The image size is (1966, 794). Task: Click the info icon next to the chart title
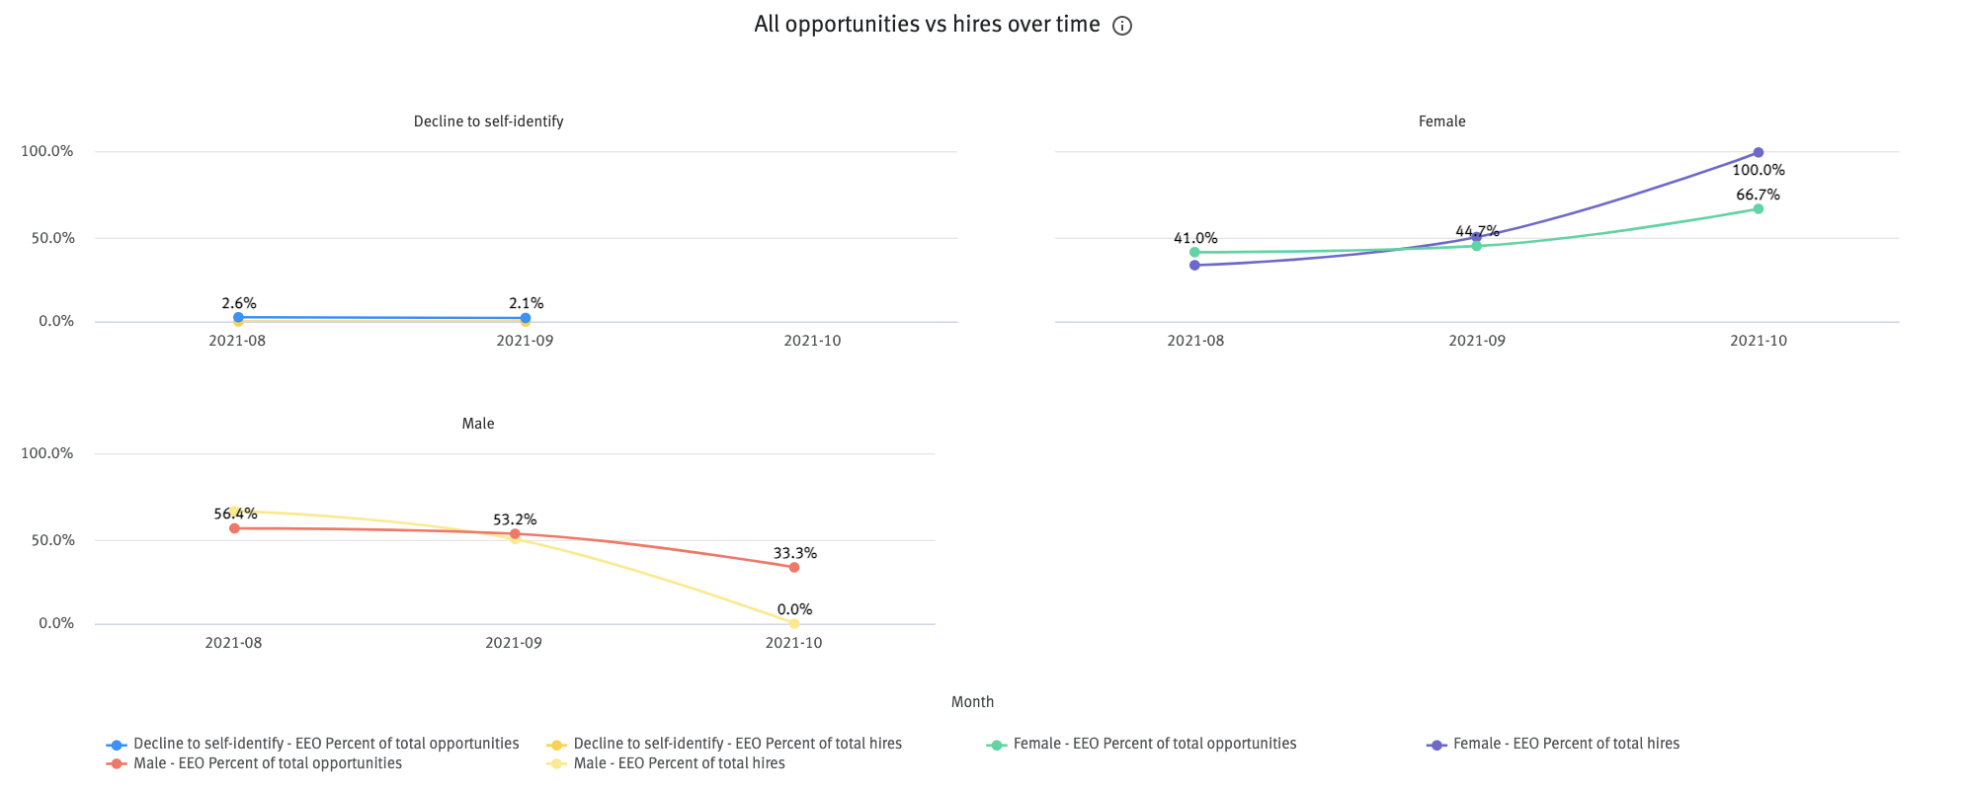(x=1121, y=26)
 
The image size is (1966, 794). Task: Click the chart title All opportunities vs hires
(x=926, y=25)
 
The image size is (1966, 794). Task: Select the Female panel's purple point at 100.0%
(x=1758, y=152)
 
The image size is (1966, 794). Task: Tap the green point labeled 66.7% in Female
(x=1758, y=208)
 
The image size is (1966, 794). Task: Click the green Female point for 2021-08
(x=1194, y=252)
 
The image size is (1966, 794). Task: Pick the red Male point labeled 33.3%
(x=793, y=567)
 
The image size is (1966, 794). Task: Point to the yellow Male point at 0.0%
(x=793, y=623)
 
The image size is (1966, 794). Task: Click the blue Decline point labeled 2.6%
(x=238, y=317)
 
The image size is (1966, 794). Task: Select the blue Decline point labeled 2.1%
(x=525, y=318)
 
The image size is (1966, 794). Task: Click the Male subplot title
(x=477, y=424)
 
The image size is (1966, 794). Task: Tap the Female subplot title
(x=1441, y=121)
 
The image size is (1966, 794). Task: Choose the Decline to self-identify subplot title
(x=488, y=121)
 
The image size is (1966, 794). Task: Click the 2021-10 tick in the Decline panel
(x=812, y=341)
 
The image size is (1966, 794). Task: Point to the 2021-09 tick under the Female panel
(x=1476, y=341)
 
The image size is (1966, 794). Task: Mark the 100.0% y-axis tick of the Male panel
(x=47, y=453)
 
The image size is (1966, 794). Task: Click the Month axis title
(x=972, y=702)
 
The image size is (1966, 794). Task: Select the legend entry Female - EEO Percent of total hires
(x=1565, y=744)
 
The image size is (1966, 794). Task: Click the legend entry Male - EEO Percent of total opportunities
(x=267, y=763)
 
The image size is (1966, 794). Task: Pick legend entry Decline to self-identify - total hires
(x=736, y=744)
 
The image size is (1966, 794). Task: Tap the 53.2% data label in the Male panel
(x=514, y=519)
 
